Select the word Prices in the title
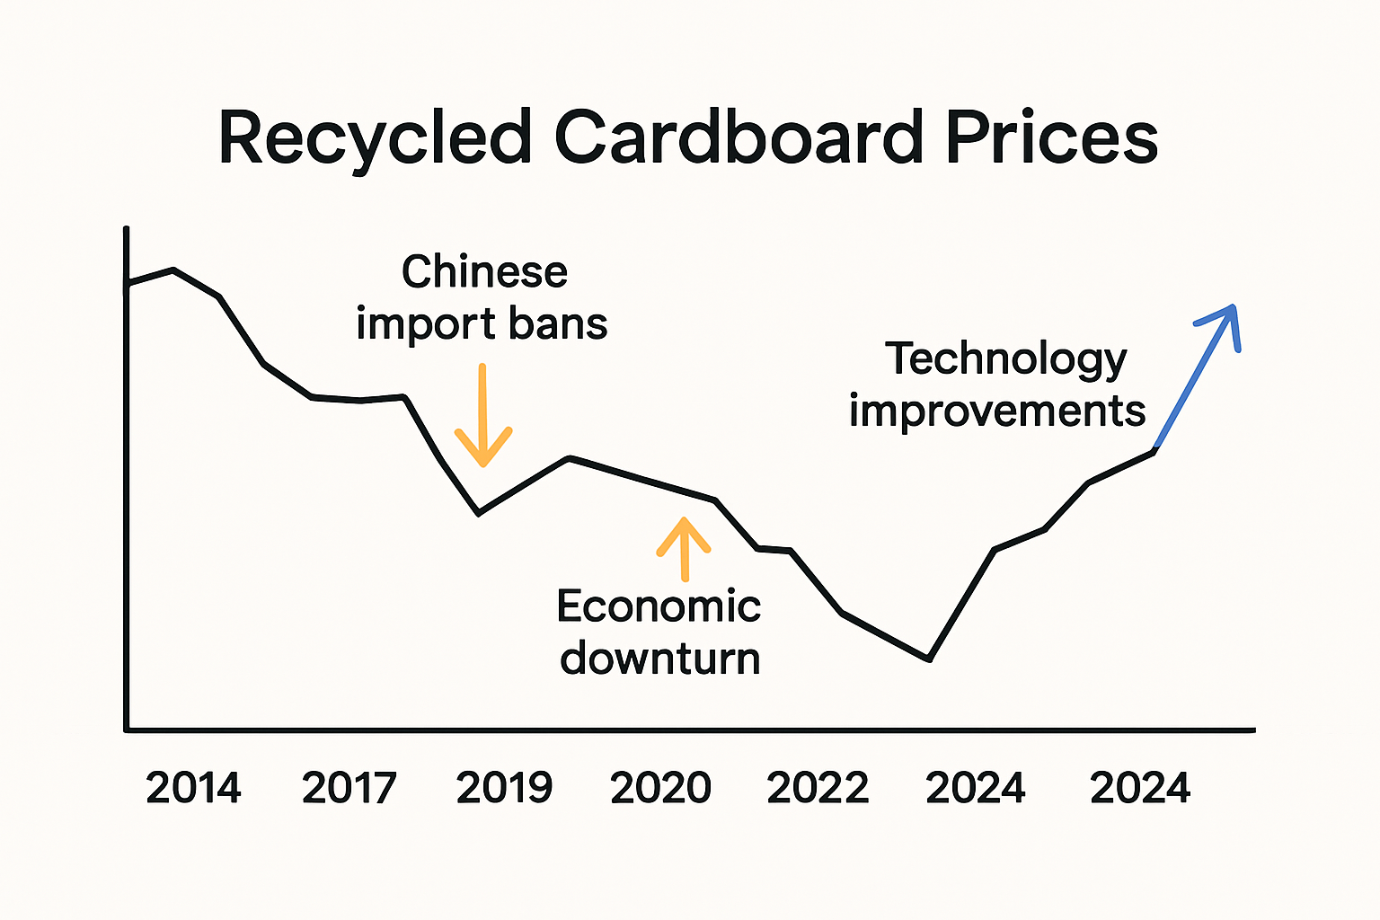click(1051, 138)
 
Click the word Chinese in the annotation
click(484, 271)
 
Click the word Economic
click(659, 606)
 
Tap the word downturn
click(660, 659)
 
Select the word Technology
click(1005, 359)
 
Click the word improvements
click(997, 411)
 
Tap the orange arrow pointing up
click(684, 548)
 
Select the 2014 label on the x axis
click(193, 788)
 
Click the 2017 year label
click(349, 788)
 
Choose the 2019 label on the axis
click(504, 788)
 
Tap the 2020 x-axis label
click(660, 788)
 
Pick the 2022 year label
click(818, 788)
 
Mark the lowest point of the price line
click(929, 659)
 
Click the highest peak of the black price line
click(172, 270)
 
